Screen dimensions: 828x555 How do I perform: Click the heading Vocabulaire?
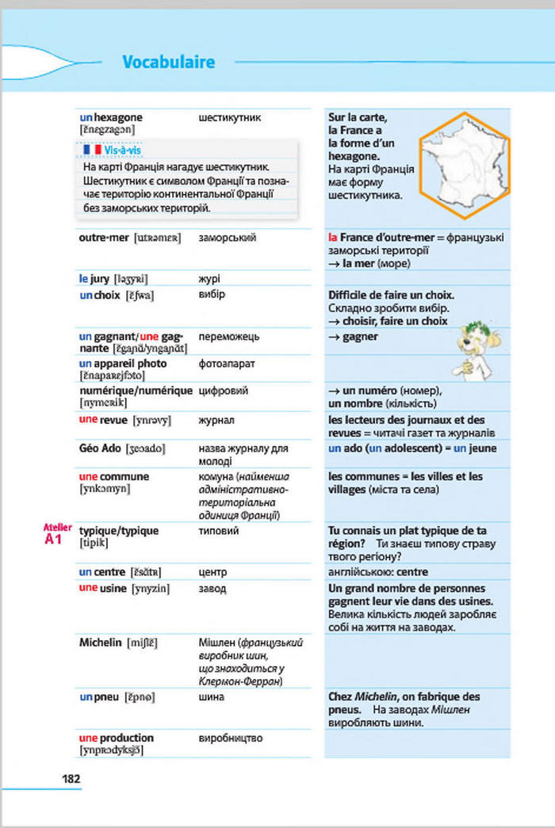coord(169,62)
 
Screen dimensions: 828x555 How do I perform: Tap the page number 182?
coord(71,778)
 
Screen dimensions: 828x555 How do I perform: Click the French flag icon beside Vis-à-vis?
coord(92,150)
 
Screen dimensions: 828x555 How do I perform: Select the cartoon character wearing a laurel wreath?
coord(477,349)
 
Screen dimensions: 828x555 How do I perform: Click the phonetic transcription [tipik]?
coord(95,543)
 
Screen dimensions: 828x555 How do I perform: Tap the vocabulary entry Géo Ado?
coord(100,448)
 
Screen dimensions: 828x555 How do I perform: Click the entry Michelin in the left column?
coord(101,642)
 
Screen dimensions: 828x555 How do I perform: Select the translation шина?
coord(211,696)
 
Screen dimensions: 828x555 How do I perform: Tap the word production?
coord(126,738)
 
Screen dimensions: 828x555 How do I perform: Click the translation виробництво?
coord(230,738)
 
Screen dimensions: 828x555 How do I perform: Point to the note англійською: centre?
coord(377,571)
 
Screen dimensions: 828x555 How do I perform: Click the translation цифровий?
coord(223,391)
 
